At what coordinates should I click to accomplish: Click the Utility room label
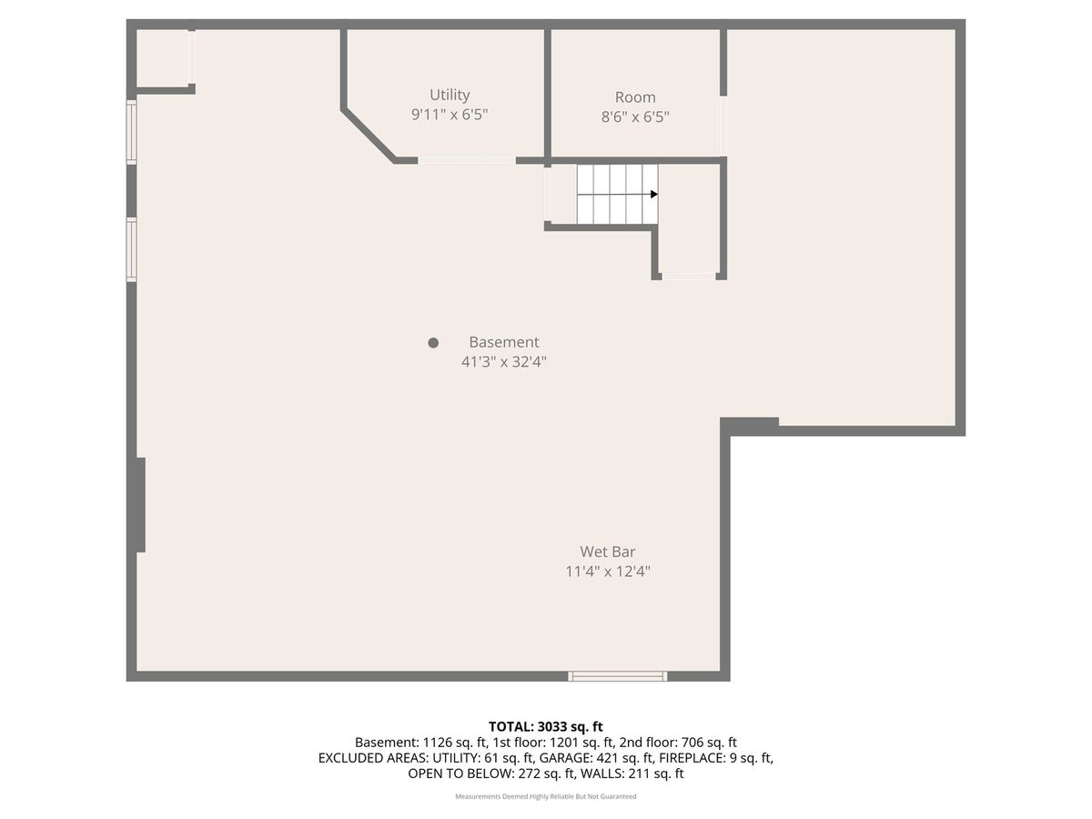(450, 95)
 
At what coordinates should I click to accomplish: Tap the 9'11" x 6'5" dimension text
(450, 115)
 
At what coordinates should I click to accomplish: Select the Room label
(635, 97)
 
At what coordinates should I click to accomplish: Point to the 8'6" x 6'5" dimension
(635, 116)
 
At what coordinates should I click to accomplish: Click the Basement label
(503, 342)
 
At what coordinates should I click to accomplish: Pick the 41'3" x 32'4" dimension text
(503, 361)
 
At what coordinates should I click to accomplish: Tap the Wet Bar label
(608, 551)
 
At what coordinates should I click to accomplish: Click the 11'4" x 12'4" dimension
(608, 571)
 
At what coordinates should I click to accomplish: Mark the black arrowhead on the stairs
(654, 194)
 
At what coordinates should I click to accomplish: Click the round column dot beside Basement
(433, 343)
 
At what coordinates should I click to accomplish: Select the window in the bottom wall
(617, 676)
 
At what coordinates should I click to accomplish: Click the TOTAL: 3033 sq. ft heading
(545, 727)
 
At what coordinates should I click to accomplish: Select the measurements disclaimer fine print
(546, 796)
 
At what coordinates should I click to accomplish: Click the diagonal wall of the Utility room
(369, 136)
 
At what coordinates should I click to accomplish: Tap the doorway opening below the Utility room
(467, 160)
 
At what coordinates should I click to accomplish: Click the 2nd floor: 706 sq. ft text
(678, 743)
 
